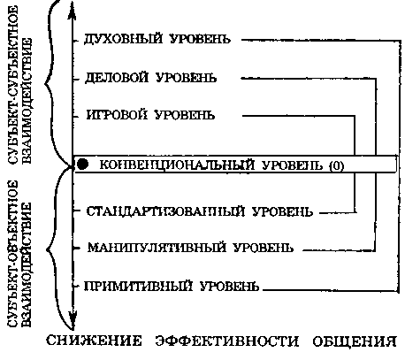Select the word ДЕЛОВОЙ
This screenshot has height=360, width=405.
point(115,78)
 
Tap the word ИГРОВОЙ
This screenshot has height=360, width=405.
point(116,116)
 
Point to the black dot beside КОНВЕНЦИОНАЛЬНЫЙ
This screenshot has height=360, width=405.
point(83,165)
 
